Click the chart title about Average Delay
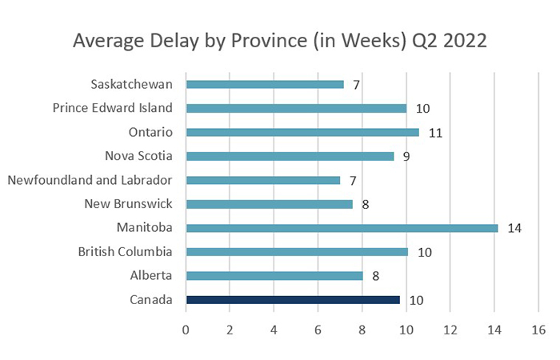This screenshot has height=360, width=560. (x=280, y=40)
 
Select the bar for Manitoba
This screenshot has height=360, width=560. (x=342, y=228)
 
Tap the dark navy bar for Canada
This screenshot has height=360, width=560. (x=293, y=300)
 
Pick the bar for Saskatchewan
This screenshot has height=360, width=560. (x=265, y=84)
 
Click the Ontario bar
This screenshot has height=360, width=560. (x=302, y=132)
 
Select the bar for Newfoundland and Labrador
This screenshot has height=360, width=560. (x=263, y=180)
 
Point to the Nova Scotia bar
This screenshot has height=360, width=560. (x=290, y=156)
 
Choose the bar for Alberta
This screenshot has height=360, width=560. (x=274, y=276)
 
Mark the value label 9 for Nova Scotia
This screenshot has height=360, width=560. (x=406, y=157)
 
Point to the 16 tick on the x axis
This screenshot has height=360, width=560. (x=538, y=329)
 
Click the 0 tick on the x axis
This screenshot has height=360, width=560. (x=186, y=329)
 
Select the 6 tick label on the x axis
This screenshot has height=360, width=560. (x=318, y=329)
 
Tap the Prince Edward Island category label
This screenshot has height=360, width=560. (x=113, y=108)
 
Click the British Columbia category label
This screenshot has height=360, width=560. (x=125, y=252)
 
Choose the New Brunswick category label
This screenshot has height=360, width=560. (x=129, y=204)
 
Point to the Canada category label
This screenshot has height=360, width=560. (x=151, y=300)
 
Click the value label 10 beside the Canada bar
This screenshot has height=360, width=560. (x=415, y=301)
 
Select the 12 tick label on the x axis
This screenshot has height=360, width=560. (x=450, y=329)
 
